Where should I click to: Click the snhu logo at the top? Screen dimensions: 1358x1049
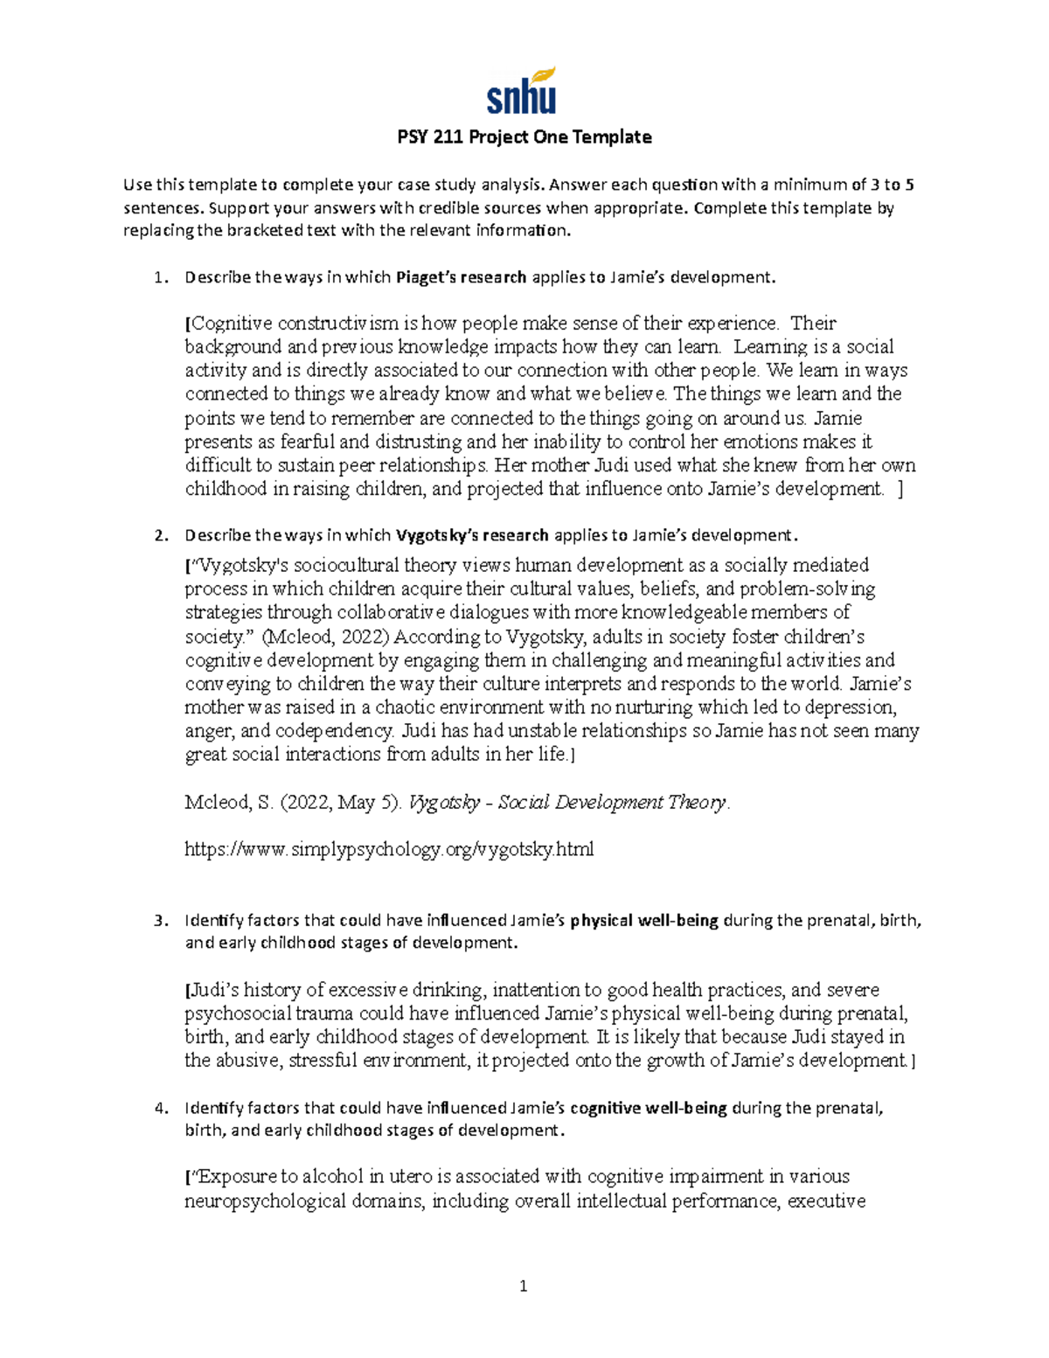pyautogui.click(x=521, y=91)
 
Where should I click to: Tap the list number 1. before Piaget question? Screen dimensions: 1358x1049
pyautogui.click(x=159, y=278)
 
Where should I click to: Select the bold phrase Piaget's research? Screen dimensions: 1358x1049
pyautogui.click(x=461, y=278)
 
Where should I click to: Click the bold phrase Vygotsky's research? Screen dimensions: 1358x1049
pyautogui.click(x=472, y=535)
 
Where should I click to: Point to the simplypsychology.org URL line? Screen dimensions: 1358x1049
pyautogui.click(x=389, y=849)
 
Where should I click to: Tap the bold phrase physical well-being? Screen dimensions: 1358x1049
pyautogui.click(x=644, y=920)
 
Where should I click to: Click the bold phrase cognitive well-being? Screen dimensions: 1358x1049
pyautogui.click(x=648, y=1108)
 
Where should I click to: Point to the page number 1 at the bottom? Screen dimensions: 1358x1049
pyautogui.click(x=524, y=1285)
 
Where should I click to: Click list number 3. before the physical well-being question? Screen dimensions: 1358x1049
pyautogui.click(x=159, y=920)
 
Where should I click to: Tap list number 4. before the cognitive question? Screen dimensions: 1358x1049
pyautogui.click(x=159, y=1108)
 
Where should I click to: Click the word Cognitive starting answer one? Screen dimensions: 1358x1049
pyautogui.click(x=232, y=324)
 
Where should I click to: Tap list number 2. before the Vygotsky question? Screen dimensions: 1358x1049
pyautogui.click(x=159, y=535)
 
